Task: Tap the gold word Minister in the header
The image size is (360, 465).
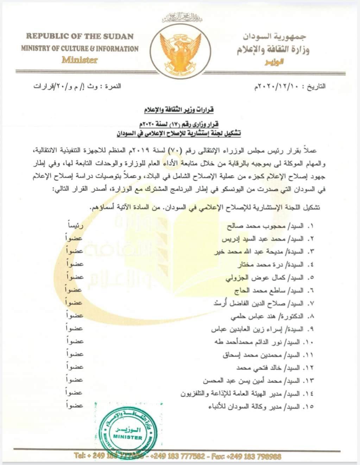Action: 80,60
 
